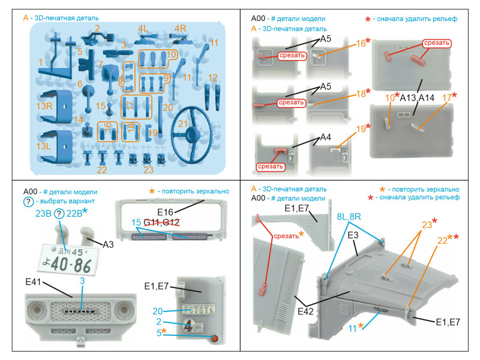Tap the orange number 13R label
tap(43, 106)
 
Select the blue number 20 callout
tap(157, 311)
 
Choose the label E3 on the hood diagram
tap(353, 235)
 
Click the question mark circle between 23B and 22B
tap(59, 214)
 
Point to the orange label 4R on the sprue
tap(179, 28)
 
